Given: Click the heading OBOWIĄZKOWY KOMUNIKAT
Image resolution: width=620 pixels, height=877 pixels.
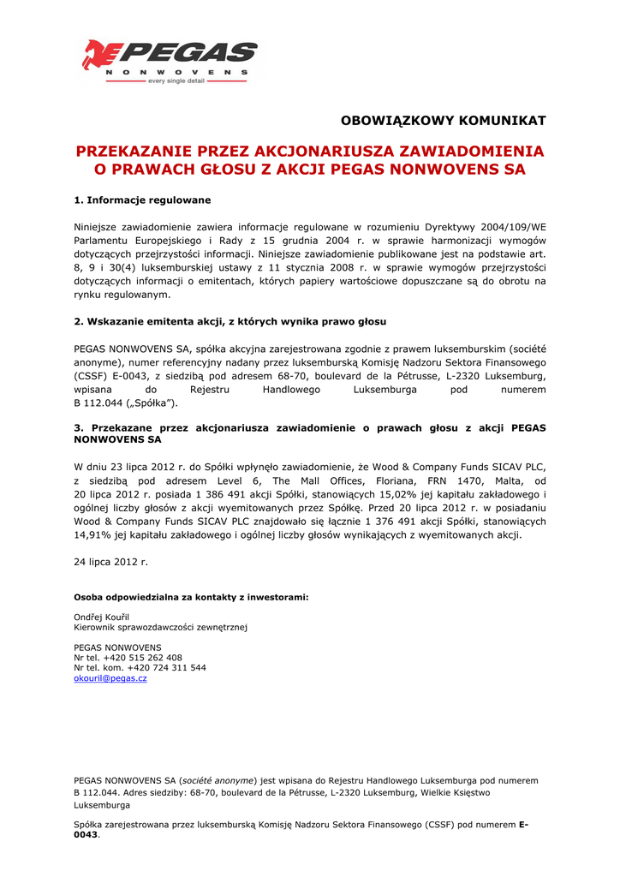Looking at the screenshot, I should click(443, 120).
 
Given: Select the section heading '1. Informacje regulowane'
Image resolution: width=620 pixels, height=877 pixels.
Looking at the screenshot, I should click(142, 200).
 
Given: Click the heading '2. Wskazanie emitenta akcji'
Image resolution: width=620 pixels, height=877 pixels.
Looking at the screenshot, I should click(230, 321).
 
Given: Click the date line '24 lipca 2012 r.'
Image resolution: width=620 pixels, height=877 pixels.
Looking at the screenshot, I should click(111, 562).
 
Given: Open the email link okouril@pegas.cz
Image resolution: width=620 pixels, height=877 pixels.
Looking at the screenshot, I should click(110, 678).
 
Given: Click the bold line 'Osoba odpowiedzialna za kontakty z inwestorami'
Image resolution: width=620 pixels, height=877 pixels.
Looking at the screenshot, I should click(191, 596).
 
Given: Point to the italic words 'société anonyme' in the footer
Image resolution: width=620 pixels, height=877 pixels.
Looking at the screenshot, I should click(218, 780).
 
